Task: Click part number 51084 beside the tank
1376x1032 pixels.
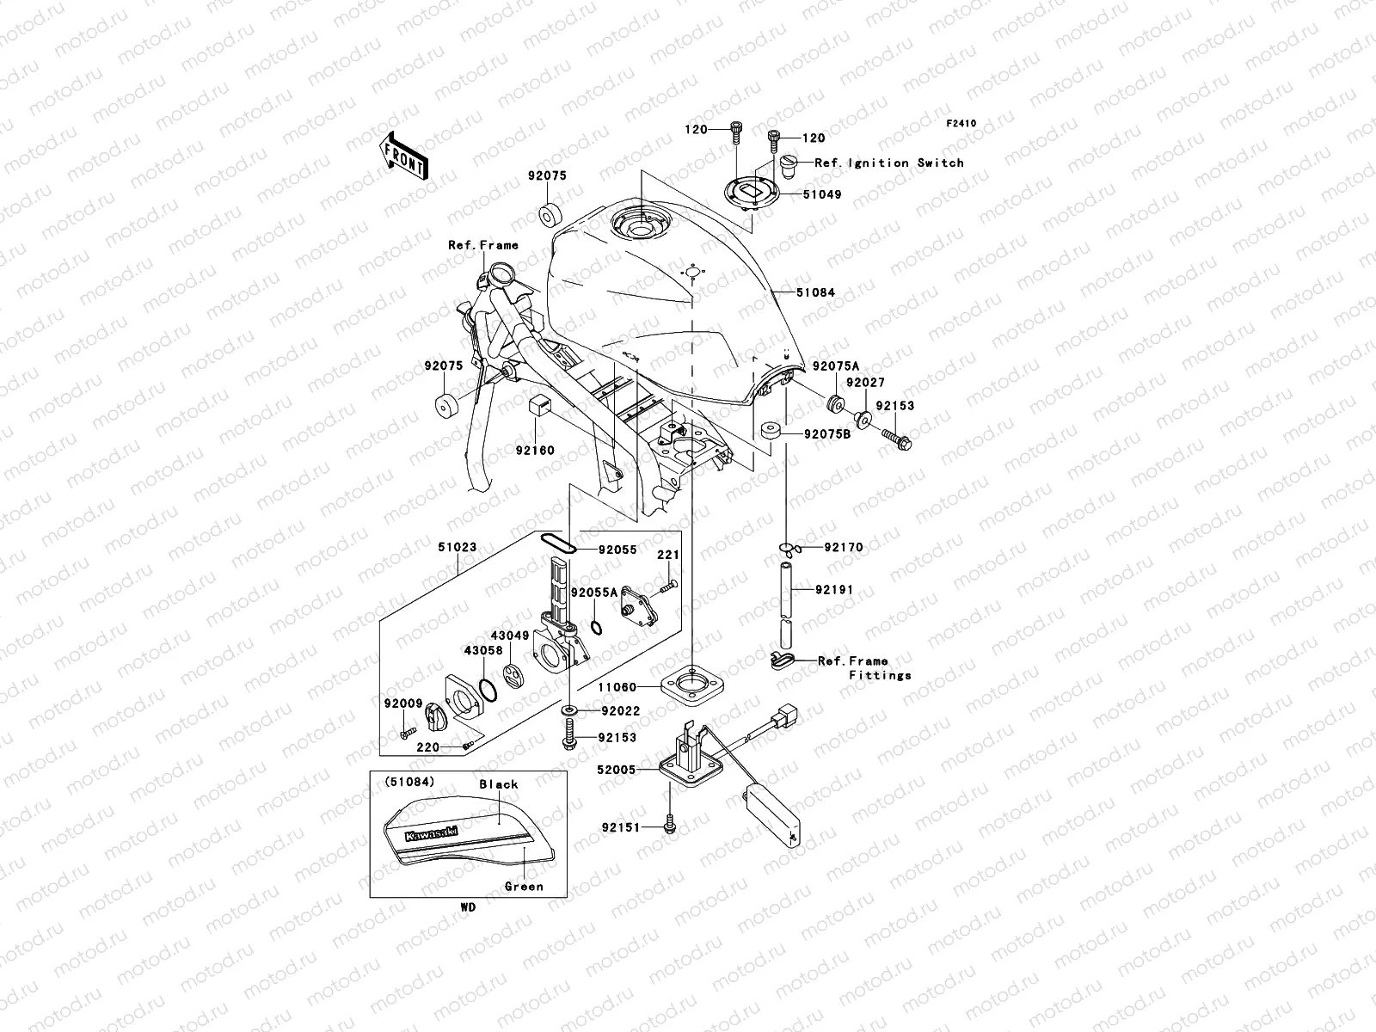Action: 815,293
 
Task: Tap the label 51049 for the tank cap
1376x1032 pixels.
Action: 822,195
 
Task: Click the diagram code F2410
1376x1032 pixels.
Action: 961,124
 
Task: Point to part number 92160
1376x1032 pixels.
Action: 535,450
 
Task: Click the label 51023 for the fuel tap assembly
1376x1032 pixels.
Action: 457,547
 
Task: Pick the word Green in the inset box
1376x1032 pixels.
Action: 524,887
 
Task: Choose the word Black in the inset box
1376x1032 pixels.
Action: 499,784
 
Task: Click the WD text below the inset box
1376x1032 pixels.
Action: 467,906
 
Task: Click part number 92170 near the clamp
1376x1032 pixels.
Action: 844,547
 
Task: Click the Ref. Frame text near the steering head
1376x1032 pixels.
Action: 483,246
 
